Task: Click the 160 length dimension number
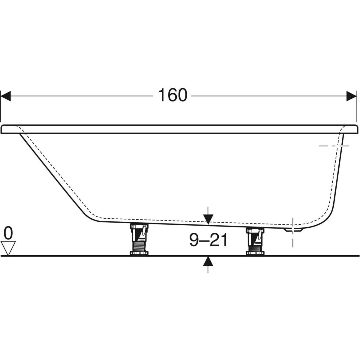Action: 172,95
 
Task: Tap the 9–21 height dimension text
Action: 208,240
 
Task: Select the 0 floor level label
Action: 8,233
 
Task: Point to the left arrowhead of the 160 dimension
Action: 6,96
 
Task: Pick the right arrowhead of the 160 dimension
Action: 351,96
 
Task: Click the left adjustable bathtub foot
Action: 139,239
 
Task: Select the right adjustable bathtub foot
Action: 255,241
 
